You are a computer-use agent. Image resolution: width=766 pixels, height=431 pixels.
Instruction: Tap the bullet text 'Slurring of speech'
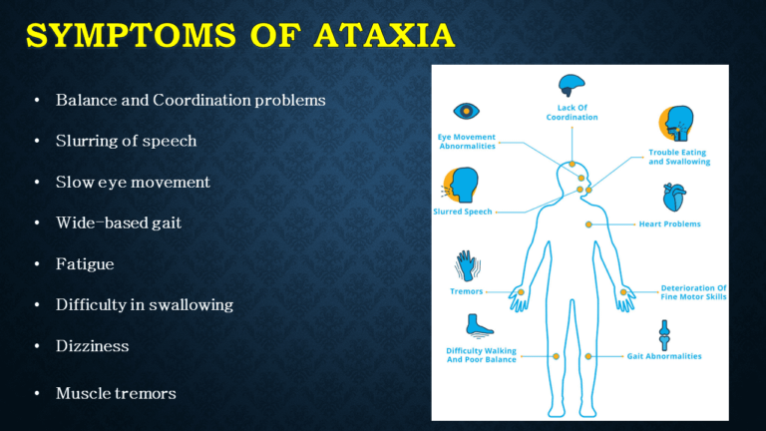pos(126,142)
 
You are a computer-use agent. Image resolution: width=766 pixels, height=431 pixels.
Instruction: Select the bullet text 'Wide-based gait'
pos(119,223)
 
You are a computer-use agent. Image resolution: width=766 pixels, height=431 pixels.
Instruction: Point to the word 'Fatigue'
pos(85,264)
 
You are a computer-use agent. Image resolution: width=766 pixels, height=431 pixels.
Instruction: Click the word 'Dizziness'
pos(93,346)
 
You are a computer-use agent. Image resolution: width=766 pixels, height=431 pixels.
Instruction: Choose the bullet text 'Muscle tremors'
pos(116,394)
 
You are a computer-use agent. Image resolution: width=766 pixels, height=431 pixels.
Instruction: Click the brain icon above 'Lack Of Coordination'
pos(572,87)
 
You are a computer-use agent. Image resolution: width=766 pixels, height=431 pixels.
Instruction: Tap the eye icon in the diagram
pos(467,111)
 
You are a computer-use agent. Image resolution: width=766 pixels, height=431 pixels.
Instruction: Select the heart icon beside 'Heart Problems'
pos(675,197)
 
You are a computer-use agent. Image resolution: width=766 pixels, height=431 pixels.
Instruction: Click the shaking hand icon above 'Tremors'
pos(467,265)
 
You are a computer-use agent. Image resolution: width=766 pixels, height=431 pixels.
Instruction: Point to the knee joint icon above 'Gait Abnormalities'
pos(663,332)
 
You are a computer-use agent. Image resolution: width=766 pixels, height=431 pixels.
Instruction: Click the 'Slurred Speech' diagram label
pos(462,212)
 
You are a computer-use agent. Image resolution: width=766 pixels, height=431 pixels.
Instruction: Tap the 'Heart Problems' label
pos(669,223)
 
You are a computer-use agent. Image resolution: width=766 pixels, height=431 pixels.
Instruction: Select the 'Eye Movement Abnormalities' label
pos(467,142)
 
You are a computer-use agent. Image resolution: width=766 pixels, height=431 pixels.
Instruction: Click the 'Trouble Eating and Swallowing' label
pos(673,158)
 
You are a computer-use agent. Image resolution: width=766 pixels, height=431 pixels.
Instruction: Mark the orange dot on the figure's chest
pos(588,224)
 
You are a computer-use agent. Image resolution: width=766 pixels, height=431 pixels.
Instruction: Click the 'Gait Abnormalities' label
pos(663,356)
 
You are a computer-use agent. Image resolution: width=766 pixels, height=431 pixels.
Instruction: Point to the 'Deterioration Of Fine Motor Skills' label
pos(693,292)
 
